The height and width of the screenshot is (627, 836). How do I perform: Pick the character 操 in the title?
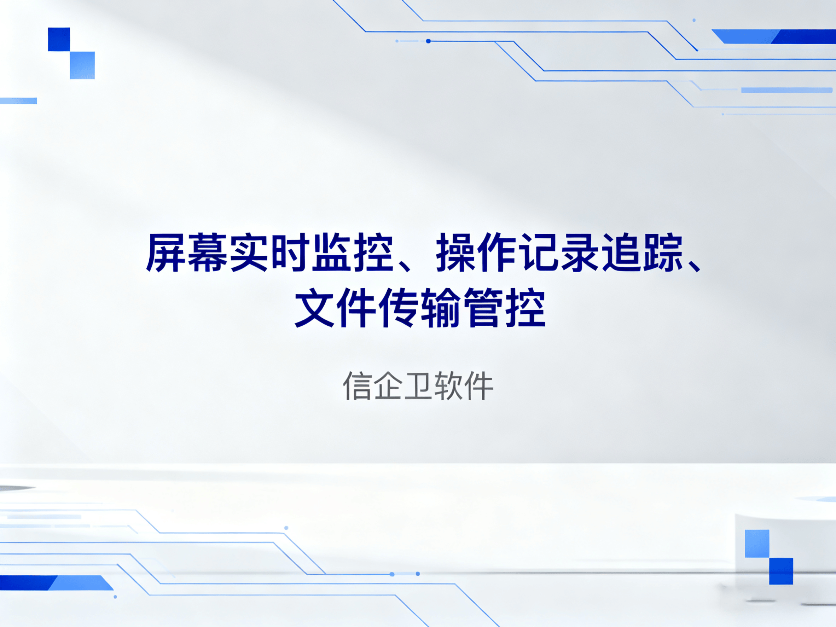tap(456, 252)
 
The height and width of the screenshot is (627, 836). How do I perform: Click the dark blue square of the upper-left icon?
tap(59, 39)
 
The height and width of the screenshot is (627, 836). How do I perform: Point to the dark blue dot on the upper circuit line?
tap(428, 41)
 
